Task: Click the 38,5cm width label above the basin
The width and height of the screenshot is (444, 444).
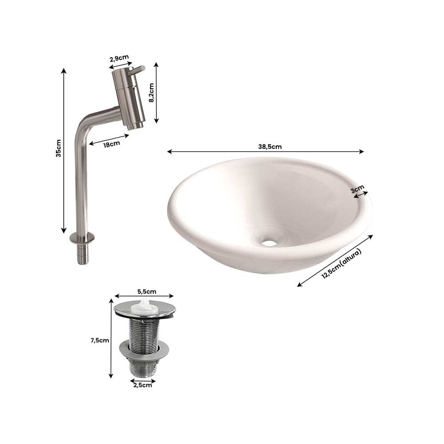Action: point(270,147)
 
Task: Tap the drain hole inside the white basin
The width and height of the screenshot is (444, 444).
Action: point(269,243)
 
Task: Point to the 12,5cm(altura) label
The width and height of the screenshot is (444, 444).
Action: point(341,264)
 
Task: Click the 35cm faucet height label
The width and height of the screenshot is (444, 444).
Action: point(58,148)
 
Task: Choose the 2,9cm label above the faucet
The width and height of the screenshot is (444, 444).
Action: point(119,58)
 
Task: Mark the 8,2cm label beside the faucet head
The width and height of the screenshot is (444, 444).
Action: point(151,93)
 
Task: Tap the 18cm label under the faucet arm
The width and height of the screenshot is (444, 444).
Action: point(111,144)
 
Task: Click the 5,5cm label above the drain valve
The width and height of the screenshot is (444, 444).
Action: point(147,291)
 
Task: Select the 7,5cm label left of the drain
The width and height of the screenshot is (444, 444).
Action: point(99,341)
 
